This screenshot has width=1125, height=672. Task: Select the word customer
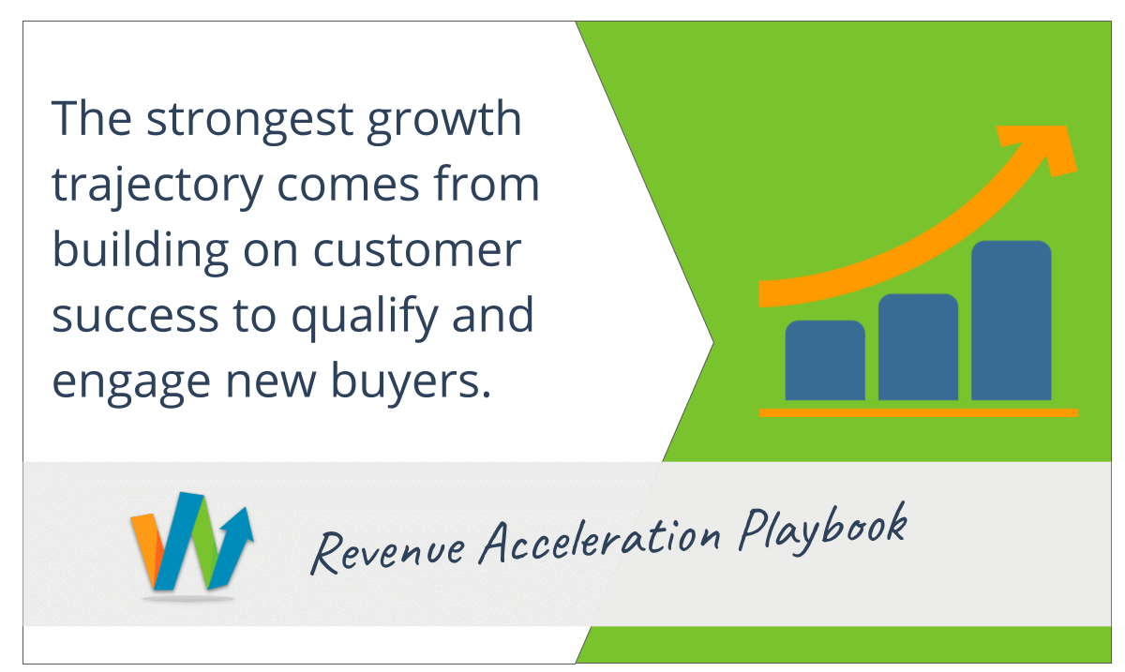coord(417,250)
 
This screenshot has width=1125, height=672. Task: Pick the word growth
coord(444,122)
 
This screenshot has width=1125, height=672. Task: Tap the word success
coord(136,317)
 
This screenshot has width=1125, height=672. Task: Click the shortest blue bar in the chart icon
coord(825,360)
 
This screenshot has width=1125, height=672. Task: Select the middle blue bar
coord(918,347)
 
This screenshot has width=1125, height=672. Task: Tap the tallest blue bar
coord(1011,320)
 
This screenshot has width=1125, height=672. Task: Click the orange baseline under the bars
coord(918,412)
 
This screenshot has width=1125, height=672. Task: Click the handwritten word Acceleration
coord(600,540)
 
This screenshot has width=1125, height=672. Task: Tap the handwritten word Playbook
coord(824,530)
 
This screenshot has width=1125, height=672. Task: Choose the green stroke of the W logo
coord(207,543)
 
